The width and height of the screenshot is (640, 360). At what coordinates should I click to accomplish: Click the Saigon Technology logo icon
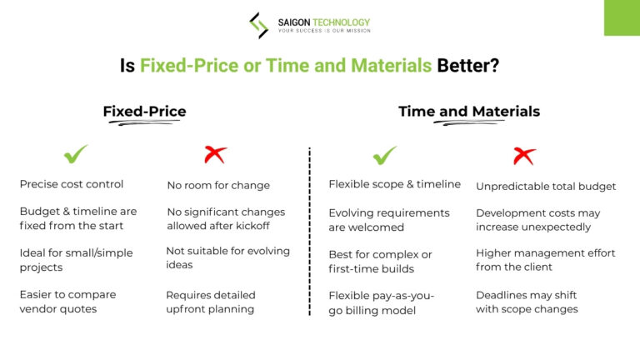(x=259, y=25)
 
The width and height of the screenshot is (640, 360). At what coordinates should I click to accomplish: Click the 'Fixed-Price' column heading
(x=144, y=112)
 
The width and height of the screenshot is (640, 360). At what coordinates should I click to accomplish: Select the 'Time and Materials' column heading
(x=468, y=112)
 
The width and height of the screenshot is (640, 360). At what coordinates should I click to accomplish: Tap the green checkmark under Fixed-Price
(x=76, y=154)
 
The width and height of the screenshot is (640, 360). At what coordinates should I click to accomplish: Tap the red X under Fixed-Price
(x=216, y=154)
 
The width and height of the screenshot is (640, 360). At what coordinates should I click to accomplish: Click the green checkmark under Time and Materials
(x=384, y=154)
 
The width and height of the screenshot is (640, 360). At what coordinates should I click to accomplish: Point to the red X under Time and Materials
(x=524, y=154)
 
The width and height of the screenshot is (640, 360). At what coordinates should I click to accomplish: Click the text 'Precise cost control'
(x=72, y=184)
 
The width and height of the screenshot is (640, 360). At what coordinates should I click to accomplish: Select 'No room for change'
(x=218, y=185)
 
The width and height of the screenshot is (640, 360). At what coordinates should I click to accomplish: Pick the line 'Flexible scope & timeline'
(x=394, y=184)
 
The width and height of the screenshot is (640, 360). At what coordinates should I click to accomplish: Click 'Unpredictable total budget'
(x=546, y=186)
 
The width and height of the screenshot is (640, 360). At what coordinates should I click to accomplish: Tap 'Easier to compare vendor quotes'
(x=68, y=301)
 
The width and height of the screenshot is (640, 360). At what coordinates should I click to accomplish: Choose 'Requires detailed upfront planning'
(x=211, y=302)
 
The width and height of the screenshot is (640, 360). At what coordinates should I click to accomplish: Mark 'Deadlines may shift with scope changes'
(x=527, y=302)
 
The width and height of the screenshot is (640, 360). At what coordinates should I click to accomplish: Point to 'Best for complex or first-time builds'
(x=380, y=260)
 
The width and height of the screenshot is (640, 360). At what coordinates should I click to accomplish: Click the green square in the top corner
(x=622, y=17)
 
